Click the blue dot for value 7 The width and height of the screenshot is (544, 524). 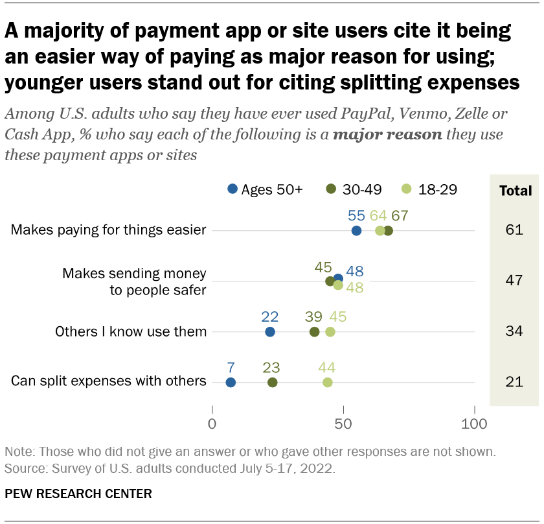[231, 382]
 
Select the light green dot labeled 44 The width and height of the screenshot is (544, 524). [328, 382]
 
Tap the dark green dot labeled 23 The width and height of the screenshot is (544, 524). [273, 382]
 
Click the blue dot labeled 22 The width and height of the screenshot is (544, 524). [270, 331]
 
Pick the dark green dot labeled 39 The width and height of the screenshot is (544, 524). [315, 331]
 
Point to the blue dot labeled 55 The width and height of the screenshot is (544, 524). [356, 230]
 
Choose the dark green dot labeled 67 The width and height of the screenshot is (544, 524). [388, 230]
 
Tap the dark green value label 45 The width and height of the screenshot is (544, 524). [323, 267]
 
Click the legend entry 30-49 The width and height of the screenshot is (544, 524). [354, 189]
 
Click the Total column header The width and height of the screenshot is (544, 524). [514, 191]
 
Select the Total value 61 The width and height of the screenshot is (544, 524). [514, 230]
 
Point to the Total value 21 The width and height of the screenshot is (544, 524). [514, 382]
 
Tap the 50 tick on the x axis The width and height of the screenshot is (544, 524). [343, 425]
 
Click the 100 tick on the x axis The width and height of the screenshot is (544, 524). [475, 425]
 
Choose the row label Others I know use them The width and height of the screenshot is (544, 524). [131, 331]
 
